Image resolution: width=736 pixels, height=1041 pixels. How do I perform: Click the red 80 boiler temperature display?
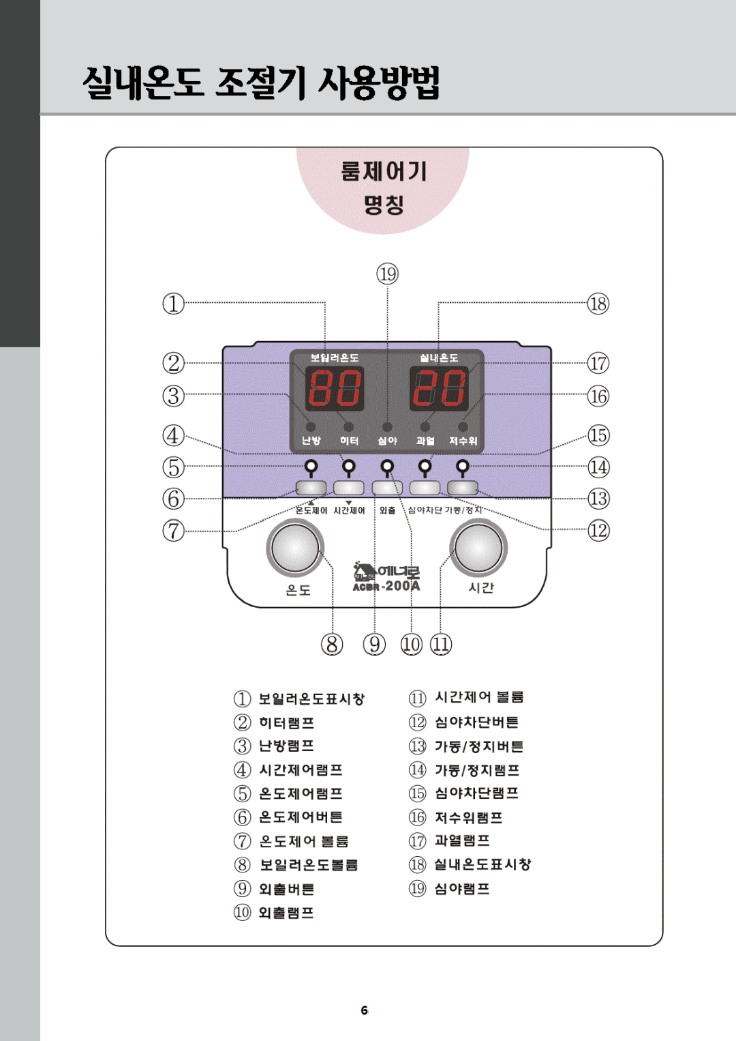click(x=334, y=388)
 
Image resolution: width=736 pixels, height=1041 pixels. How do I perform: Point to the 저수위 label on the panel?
click(x=463, y=441)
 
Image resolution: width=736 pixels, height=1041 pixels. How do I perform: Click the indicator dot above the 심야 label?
click(x=387, y=427)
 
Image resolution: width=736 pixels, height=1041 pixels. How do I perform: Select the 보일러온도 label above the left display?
click(x=334, y=358)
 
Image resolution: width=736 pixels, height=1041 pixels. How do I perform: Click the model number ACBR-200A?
click(x=386, y=586)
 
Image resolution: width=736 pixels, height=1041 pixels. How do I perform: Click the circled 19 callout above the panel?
click(x=388, y=274)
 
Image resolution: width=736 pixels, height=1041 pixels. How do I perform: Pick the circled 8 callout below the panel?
click(x=332, y=644)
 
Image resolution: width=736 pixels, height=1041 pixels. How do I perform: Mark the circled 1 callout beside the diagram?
click(x=173, y=304)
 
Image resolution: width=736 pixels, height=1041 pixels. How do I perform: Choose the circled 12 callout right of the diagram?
click(x=598, y=530)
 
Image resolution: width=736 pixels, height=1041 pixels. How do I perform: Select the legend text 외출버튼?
click(x=287, y=889)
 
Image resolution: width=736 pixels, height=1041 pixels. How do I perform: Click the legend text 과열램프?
click(x=462, y=840)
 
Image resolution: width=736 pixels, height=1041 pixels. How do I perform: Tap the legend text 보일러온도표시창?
click(x=311, y=699)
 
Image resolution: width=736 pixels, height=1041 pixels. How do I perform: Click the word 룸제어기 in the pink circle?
click(x=384, y=171)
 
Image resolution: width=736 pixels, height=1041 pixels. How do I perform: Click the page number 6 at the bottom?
click(x=365, y=1010)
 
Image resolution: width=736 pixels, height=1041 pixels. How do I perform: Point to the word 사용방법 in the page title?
click(x=379, y=83)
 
